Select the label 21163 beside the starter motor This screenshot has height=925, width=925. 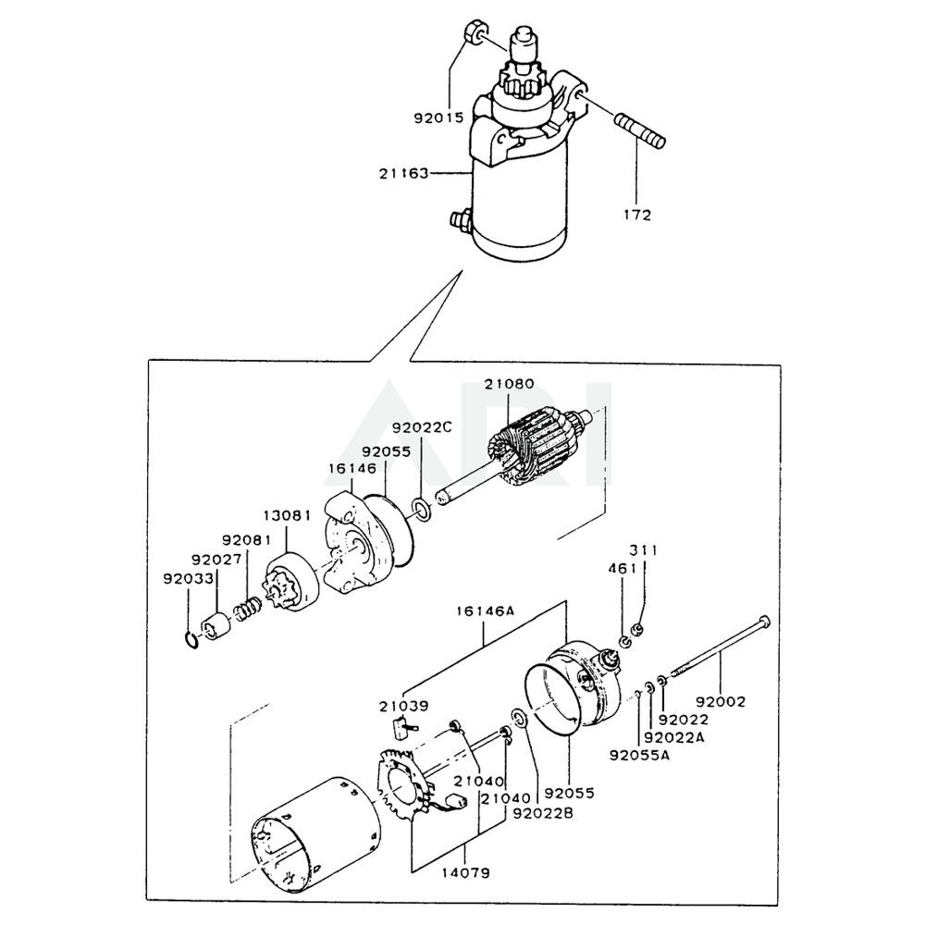(x=404, y=173)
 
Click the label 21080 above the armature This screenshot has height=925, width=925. (x=509, y=385)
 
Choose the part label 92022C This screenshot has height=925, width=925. (x=422, y=428)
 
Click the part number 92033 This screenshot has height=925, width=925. (x=189, y=578)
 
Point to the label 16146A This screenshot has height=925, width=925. (x=486, y=610)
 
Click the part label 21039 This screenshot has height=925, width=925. (x=403, y=706)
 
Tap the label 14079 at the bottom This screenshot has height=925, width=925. (x=465, y=872)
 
